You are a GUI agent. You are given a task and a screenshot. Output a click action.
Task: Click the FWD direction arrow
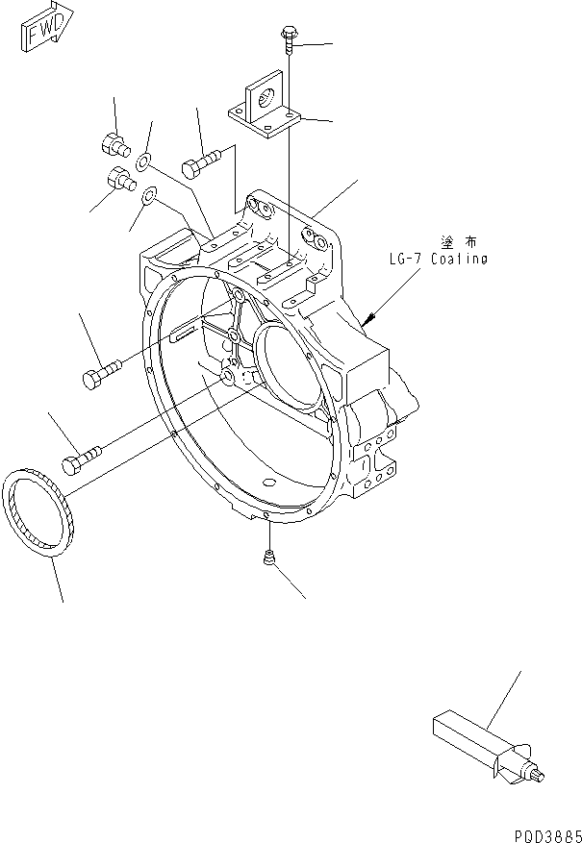click(44, 32)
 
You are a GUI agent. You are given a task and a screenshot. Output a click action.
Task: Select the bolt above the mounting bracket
click(288, 36)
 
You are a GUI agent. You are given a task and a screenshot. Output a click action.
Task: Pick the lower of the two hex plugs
click(119, 179)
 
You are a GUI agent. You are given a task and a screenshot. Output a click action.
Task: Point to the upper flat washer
click(143, 161)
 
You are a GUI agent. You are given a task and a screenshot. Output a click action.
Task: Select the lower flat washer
click(149, 197)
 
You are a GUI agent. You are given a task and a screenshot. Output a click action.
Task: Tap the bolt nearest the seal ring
click(82, 460)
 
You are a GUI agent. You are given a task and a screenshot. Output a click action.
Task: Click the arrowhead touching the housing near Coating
click(367, 316)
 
